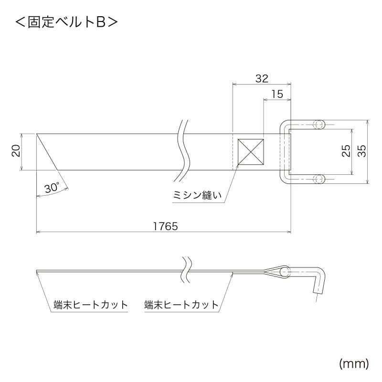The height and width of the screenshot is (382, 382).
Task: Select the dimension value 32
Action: click(x=261, y=79)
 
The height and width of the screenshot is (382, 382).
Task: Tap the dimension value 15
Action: click(x=277, y=95)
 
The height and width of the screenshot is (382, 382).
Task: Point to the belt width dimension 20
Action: click(x=16, y=151)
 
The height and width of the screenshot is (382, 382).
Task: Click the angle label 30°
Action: click(x=52, y=188)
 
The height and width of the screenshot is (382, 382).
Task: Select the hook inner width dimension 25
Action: click(x=346, y=151)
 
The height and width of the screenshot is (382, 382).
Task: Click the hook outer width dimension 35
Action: click(x=361, y=151)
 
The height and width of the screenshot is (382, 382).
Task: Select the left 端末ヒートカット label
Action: click(x=91, y=305)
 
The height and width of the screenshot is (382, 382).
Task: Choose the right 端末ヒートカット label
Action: click(x=181, y=305)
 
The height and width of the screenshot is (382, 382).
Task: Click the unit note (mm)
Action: click(x=354, y=364)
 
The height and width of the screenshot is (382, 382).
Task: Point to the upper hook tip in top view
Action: click(x=318, y=125)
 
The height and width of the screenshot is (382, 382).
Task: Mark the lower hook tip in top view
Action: click(x=318, y=179)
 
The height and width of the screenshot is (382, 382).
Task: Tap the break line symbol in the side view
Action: click(x=187, y=272)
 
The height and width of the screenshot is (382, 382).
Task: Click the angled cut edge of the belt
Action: click(x=47, y=151)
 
